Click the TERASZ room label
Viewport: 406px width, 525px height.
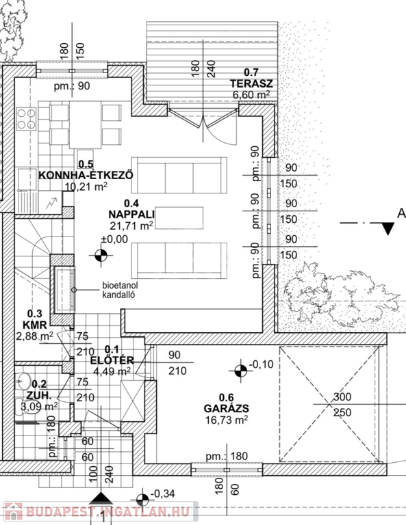[251, 83]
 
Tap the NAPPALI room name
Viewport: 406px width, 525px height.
[131, 214]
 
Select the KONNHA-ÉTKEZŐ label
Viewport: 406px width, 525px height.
[86, 175]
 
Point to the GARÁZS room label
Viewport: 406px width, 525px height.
[227, 408]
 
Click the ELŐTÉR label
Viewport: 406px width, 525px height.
[112, 361]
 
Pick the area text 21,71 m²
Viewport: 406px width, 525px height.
[131, 226]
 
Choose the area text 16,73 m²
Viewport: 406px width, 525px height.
[227, 419]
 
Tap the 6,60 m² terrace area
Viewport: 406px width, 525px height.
[251, 94]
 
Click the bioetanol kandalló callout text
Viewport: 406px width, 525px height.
[120, 290]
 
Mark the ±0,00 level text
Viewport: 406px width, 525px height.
[114, 239]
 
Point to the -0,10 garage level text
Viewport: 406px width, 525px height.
[261, 364]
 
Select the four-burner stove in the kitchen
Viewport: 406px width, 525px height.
[27, 119]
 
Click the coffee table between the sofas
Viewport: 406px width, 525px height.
[179, 218]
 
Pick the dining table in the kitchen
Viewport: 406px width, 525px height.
[85, 125]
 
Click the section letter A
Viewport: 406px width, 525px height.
[401, 213]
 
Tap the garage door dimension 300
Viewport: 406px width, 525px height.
[342, 396]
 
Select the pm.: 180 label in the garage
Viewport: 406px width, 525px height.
[227, 456]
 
